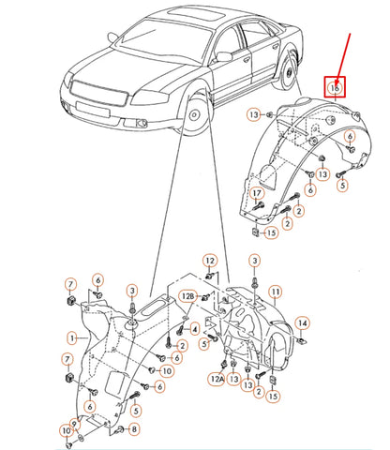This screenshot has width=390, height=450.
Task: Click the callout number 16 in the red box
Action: click(x=335, y=88)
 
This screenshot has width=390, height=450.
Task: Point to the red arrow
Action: click(x=343, y=59)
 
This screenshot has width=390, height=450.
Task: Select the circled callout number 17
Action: click(x=257, y=194)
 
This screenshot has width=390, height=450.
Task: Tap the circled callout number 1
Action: click(x=72, y=338)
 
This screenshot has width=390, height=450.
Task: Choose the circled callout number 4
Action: click(x=195, y=329)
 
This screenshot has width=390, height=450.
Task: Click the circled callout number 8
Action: click(x=134, y=429)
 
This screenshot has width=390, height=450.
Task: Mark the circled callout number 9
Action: click(x=75, y=425)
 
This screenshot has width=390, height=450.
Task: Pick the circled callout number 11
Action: click(x=276, y=292)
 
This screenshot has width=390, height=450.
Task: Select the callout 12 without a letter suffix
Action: click(x=210, y=261)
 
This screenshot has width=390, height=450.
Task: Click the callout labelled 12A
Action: click(x=217, y=379)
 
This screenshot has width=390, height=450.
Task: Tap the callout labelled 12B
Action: click(x=188, y=296)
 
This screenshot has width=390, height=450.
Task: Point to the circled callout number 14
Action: click(x=303, y=323)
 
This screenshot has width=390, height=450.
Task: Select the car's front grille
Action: click(x=98, y=94)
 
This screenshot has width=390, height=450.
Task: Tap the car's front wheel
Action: click(x=195, y=114)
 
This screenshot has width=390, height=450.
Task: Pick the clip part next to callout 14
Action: click(x=302, y=340)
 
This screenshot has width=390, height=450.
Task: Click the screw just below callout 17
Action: click(x=258, y=206)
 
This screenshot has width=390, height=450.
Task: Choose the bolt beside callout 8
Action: click(x=120, y=429)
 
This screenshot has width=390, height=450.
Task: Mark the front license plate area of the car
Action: click(x=93, y=109)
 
